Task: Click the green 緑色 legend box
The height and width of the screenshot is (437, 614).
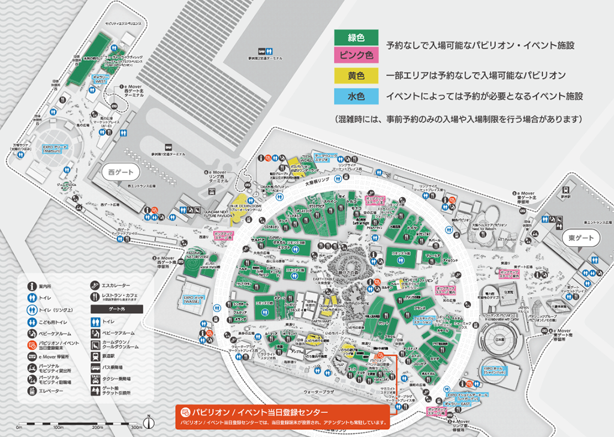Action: click(356, 38)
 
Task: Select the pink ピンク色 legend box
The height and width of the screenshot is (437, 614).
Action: click(356, 56)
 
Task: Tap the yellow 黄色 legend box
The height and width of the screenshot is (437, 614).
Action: click(356, 76)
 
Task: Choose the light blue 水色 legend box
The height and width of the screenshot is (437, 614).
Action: click(356, 95)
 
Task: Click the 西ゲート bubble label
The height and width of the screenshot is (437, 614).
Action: click(121, 172)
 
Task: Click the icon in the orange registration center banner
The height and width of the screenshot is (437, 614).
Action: click(185, 414)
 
